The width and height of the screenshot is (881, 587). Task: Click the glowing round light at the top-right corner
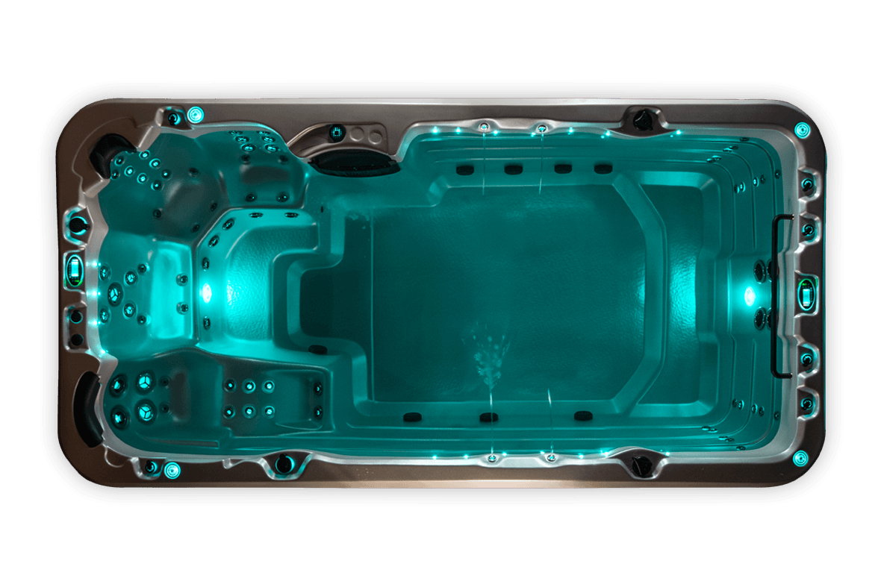(802, 128)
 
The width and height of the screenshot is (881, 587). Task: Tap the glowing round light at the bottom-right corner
(800, 457)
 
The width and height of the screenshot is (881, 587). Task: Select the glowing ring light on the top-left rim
(196, 114)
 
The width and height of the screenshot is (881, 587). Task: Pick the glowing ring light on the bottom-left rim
(172, 470)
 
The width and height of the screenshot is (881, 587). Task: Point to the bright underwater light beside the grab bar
(749, 295)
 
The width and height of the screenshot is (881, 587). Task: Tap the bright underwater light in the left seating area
(206, 292)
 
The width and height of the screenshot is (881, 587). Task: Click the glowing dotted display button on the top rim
(336, 133)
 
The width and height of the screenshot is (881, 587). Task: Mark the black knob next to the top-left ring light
(173, 118)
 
